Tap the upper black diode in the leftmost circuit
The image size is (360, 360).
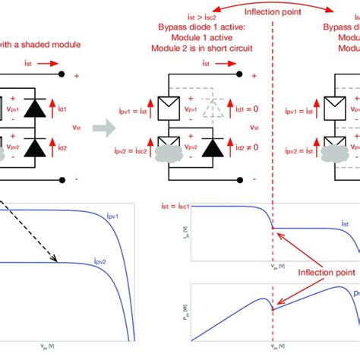pyautogui.click(x=33, y=108)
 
